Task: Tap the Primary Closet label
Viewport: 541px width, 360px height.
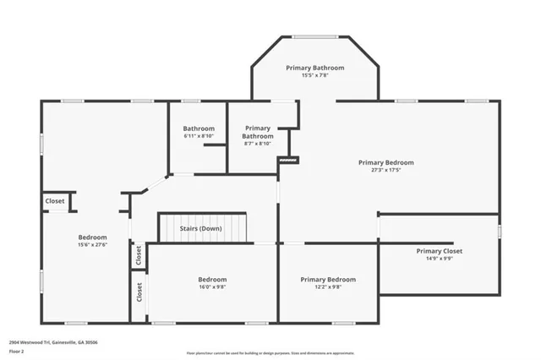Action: point(439,251)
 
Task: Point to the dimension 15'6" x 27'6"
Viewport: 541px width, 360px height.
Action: point(92,245)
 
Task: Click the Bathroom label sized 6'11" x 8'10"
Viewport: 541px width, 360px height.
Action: point(199,128)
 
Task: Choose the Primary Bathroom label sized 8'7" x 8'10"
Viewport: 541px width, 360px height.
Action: point(258,132)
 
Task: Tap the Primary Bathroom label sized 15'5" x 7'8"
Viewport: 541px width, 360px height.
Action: point(314,68)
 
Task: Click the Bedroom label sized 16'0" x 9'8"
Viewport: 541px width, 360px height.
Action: point(212,279)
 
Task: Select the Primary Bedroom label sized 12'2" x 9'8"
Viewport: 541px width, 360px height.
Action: point(328,279)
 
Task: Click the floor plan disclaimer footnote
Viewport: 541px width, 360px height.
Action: point(271,352)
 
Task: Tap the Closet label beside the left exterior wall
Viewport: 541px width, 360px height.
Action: point(55,201)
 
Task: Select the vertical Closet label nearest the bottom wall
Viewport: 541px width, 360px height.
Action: point(139,292)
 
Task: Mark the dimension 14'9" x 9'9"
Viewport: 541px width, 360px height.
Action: point(439,259)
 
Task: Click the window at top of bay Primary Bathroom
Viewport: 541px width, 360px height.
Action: point(314,36)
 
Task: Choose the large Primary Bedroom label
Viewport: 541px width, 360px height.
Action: point(385,162)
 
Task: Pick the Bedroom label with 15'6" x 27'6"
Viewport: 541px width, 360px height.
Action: point(92,237)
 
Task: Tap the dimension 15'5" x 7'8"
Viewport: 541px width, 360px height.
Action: point(314,75)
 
